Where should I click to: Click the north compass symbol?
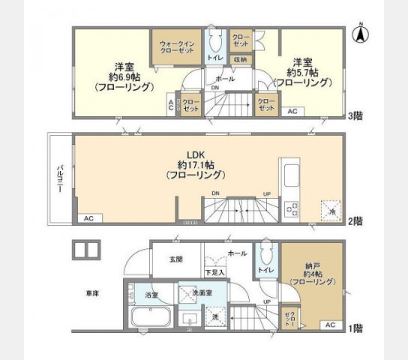(x=360, y=33)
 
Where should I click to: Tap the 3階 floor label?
(x=355, y=116)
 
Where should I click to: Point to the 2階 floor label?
(x=355, y=220)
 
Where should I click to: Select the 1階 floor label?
(x=355, y=328)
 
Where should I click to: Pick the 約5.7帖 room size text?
(x=304, y=72)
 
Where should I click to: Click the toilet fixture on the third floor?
(x=214, y=39)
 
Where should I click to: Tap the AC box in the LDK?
(x=88, y=218)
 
